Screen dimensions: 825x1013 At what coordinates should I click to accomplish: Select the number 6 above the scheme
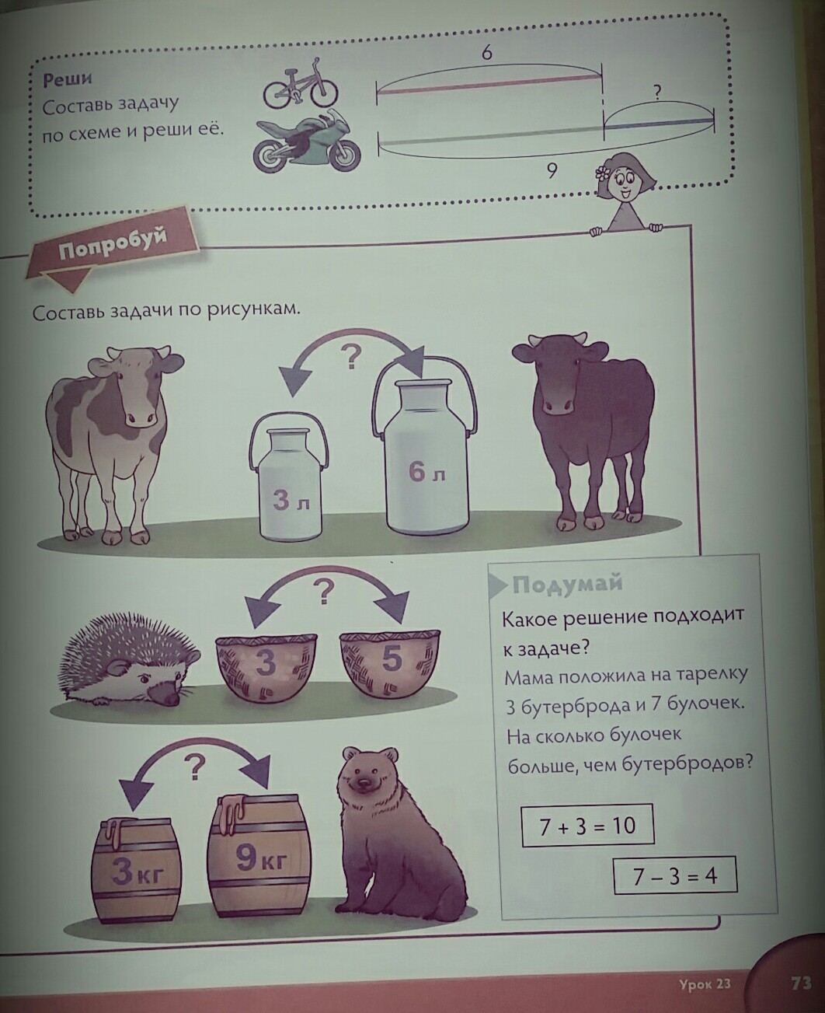click(486, 53)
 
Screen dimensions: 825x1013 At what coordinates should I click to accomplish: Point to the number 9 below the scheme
click(552, 171)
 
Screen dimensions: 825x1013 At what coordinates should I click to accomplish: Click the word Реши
click(67, 79)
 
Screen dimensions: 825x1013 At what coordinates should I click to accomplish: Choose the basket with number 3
click(266, 666)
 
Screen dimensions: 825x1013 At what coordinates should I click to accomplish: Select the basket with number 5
click(391, 662)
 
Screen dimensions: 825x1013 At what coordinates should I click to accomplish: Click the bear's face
click(365, 777)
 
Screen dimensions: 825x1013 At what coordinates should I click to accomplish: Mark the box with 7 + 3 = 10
click(587, 826)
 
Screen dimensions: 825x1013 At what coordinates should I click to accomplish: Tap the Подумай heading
click(567, 584)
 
